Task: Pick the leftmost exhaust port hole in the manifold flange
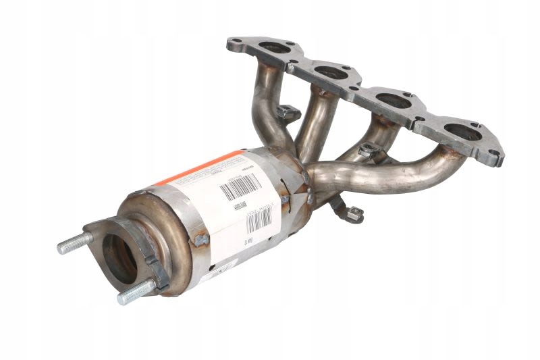[x=273, y=49]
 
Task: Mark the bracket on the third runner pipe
[x=368, y=151]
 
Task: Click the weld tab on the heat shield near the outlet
[x=200, y=239]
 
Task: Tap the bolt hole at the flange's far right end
[x=496, y=158]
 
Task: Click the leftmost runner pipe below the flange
[x=270, y=101]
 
